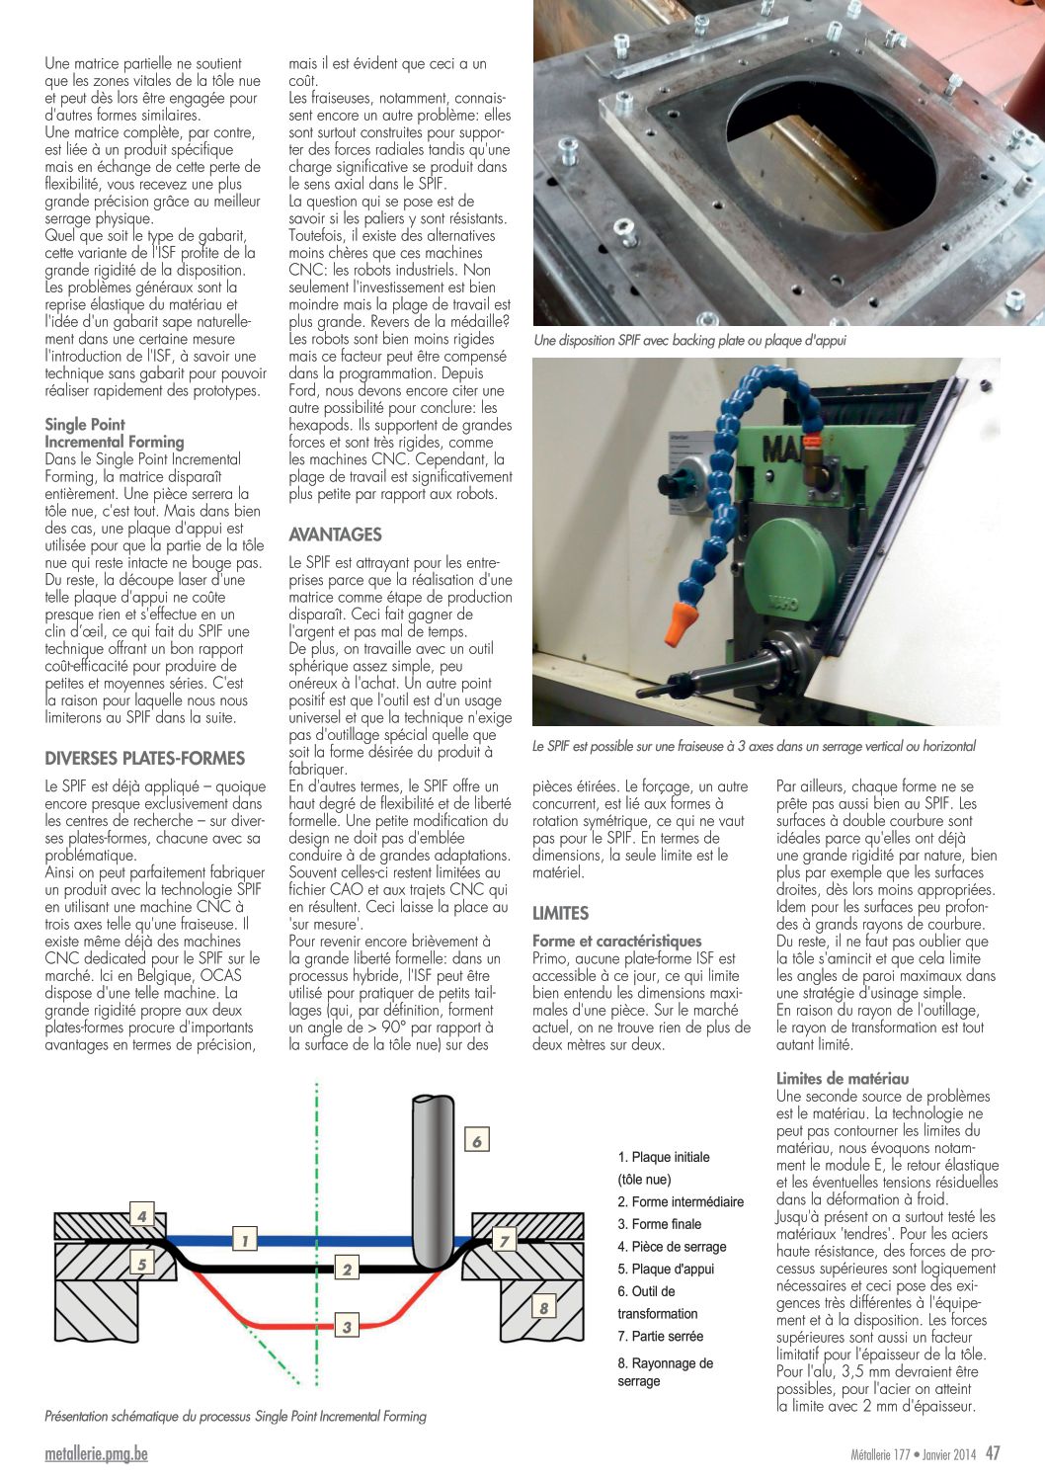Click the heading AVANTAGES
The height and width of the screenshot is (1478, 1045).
coord(335,534)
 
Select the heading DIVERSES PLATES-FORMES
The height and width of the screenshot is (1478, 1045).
coord(144,759)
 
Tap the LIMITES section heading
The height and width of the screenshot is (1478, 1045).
coord(560,913)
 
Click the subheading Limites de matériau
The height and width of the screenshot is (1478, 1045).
coord(842,1079)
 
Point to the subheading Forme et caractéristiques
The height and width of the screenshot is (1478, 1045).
coord(616,942)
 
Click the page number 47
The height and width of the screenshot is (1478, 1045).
coord(993,1453)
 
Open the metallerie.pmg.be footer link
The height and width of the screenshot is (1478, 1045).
coord(96,1454)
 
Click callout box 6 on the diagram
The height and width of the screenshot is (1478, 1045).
coord(476,1141)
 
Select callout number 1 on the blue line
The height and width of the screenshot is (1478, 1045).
coord(244,1240)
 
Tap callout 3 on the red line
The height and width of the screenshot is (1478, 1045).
coord(347,1326)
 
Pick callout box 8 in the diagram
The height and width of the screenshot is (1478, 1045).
coord(543,1308)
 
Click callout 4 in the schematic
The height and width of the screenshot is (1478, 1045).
coord(142,1216)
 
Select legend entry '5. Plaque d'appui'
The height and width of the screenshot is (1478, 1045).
coord(666,1269)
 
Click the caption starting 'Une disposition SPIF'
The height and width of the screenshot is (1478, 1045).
coord(689,340)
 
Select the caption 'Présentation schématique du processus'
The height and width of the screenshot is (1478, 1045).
coord(235,1416)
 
